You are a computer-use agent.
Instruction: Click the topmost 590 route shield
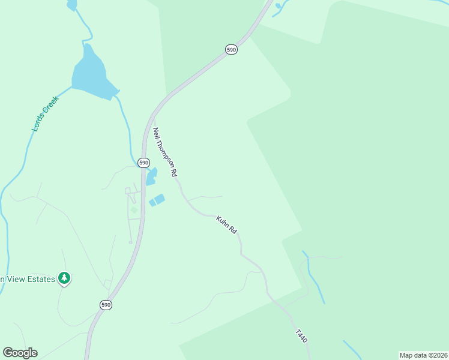pyautogui.click(x=232, y=50)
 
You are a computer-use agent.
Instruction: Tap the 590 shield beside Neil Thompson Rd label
pyautogui.click(x=143, y=163)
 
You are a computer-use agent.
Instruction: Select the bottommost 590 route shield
pyautogui.click(x=106, y=305)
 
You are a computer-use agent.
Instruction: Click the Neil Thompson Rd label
pyautogui.click(x=165, y=152)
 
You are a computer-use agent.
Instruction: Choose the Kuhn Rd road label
pyautogui.click(x=227, y=225)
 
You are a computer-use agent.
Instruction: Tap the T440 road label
pyautogui.click(x=301, y=336)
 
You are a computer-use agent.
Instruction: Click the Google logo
pyautogui.click(x=20, y=353)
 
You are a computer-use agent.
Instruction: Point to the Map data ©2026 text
pyautogui.click(x=423, y=355)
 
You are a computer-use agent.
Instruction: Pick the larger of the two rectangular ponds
pyautogui.click(x=160, y=199)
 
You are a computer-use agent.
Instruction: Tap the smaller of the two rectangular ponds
pyautogui.click(x=152, y=203)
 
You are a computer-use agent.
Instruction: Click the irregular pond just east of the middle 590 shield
pyautogui.click(x=151, y=176)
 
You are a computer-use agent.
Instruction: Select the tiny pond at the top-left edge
pyautogui.click(x=72, y=5)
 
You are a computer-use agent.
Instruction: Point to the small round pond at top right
pyautogui.click(x=278, y=6)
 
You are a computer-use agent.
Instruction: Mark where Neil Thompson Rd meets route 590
pyautogui.click(x=153, y=117)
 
